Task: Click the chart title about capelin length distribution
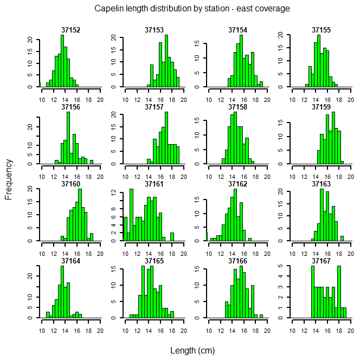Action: (x=192, y=9)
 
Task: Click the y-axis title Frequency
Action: (x=8, y=179)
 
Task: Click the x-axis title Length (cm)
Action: (x=192, y=350)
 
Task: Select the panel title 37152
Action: (x=71, y=30)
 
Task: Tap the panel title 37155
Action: (x=322, y=30)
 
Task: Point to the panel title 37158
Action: (x=238, y=107)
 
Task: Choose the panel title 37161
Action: (x=155, y=184)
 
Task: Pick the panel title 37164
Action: (x=71, y=261)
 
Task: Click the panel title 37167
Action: (x=322, y=261)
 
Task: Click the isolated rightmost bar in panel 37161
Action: (x=172, y=236)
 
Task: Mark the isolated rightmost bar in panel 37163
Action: (x=342, y=238)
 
